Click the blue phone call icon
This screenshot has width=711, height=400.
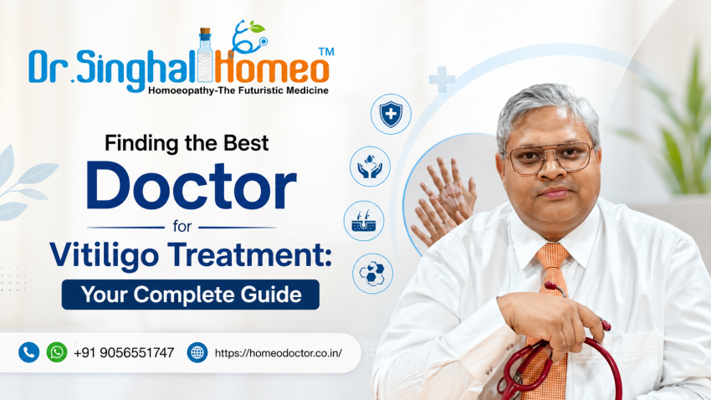(28, 352)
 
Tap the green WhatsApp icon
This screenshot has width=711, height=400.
(57, 352)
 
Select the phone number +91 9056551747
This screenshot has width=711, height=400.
(124, 353)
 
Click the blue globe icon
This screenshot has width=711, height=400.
(197, 352)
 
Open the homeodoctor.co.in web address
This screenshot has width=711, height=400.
(279, 353)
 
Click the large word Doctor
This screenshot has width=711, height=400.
(192, 187)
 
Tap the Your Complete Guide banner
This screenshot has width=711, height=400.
(191, 295)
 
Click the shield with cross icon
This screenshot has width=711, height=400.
(391, 114)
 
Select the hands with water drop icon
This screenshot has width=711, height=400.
(370, 167)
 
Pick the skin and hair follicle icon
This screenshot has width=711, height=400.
(364, 221)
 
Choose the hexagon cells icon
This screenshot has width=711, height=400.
(372, 274)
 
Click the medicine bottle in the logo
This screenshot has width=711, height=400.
(206, 55)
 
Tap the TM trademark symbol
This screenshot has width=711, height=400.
(326, 52)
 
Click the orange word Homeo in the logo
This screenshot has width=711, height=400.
(271, 67)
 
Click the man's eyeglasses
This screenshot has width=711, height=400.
(550, 157)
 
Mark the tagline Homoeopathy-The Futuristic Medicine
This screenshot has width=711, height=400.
(238, 90)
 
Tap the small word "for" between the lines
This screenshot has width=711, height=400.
(182, 226)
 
